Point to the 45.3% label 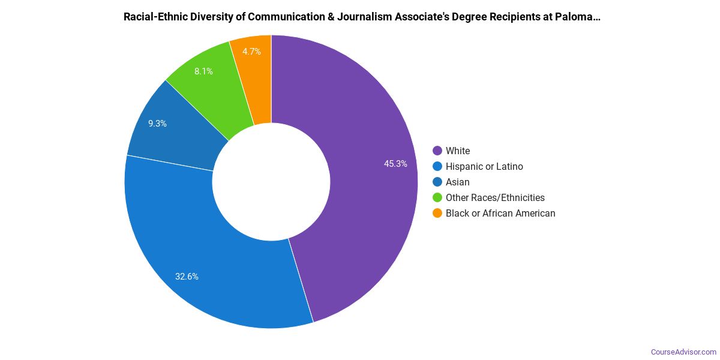pos(396,163)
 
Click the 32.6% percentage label pos(187,277)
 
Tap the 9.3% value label pos(158,124)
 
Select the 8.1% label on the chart pos(203,71)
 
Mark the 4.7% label pos(251,52)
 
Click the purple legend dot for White pos(437,151)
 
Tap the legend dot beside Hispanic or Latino pos(437,166)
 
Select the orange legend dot pos(437,213)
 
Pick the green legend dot pos(437,197)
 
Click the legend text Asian pos(458,182)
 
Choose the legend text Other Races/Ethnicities pos(495,197)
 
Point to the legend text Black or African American pos(500,213)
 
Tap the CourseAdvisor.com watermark pos(684,352)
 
